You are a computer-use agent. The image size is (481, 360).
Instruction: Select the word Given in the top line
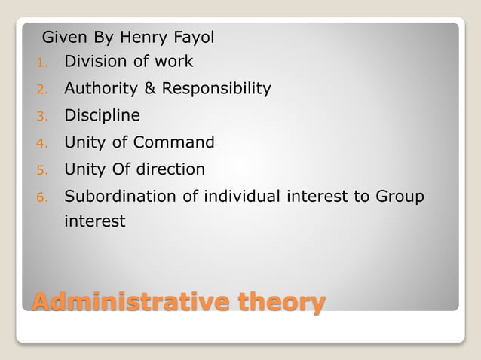click(x=64, y=36)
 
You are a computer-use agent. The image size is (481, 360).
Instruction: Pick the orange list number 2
click(x=41, y=90)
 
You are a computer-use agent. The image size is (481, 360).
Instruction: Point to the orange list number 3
click(x=41, y=117)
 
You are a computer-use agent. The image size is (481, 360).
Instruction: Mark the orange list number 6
click(x=41, y=198)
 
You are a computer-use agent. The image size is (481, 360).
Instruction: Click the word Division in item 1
click(x=94, y=62)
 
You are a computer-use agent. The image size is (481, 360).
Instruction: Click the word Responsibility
click(x=217, y=89)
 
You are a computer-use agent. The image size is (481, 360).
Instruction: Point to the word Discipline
click(x=102, y=116)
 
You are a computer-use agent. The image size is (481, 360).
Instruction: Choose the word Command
click(x=177, y=143)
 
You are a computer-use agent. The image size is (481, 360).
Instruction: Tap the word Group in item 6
click(x=400, y=197)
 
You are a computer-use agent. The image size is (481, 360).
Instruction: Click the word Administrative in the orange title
click(x=130, y=303)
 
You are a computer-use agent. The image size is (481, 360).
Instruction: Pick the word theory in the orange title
click(x=281, y=303)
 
